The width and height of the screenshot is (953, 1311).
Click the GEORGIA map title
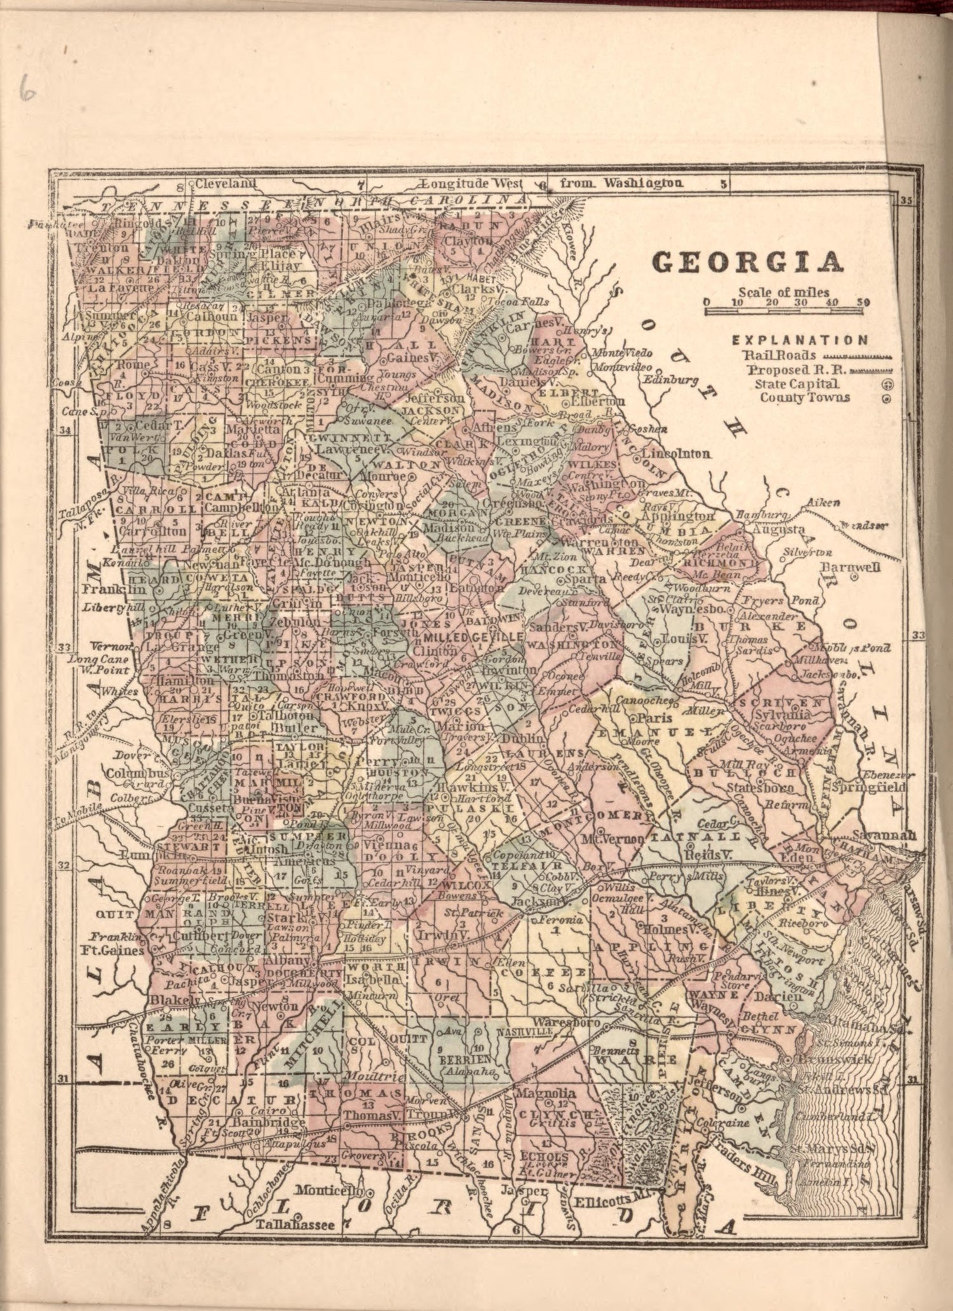tap(748, 262)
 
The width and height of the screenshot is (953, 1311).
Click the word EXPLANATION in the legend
tap(800, 340)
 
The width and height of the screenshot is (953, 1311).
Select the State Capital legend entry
tap(797, 384)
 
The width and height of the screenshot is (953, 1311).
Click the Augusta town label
tap(778, 529)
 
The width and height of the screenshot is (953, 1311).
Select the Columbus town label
tap(137, 774)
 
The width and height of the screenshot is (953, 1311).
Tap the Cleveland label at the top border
tap(225, 184)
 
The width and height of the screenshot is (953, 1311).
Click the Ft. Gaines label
tap(112, 951)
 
